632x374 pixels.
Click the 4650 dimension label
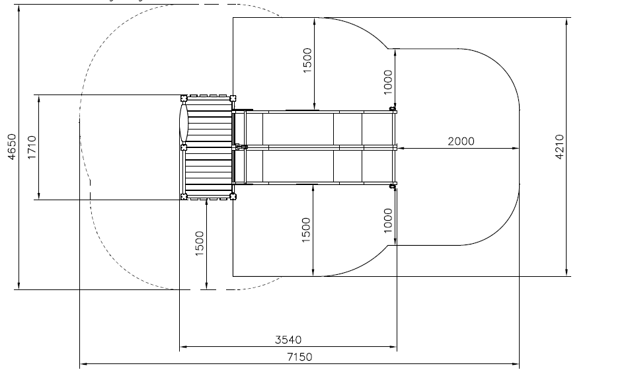pyautogui.click(x=12, y=147)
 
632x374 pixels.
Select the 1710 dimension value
pyautogui.click(x=32, y=147)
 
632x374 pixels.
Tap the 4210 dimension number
pyautogui.click(x=559, y=147)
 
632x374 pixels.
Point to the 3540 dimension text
pyautogui.click(x=288, y=340)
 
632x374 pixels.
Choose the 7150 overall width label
pyautogui.click(x=299, y=357)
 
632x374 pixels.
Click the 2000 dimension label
pyautogui.click(x=461, y=141)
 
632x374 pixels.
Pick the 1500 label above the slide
pyautogui.click(x=307, y=60)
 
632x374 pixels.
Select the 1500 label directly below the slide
pyautogui.click(x=306, y=230)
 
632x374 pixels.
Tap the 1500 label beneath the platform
pyautogui.click(x=200, y=243)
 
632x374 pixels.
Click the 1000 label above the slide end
pyautogui.click(x=388, y=82)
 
